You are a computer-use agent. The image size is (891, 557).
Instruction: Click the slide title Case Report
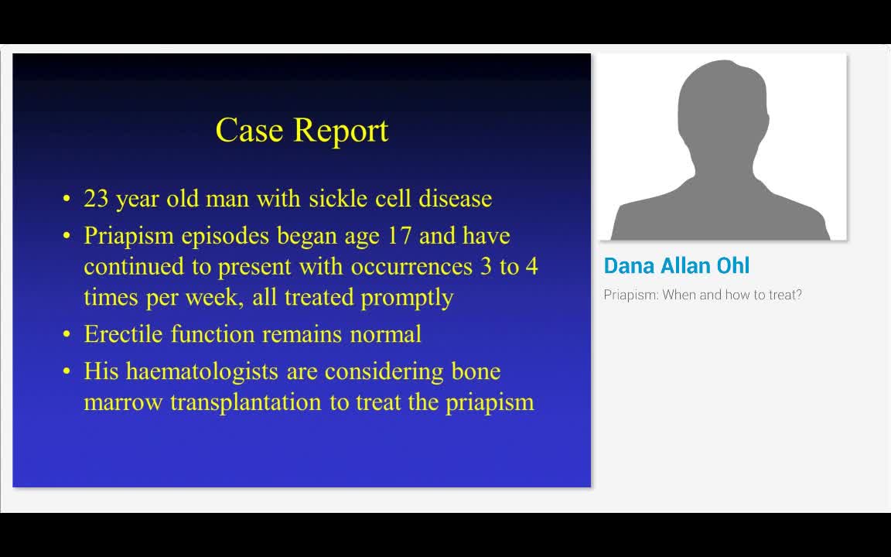(x=302, y=130)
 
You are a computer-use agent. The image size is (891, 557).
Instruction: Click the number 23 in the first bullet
(x=96, y=199)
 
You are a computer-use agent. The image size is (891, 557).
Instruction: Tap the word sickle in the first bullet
(x=330, y=199)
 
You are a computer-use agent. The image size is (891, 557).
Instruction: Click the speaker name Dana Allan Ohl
(x=676, y=266)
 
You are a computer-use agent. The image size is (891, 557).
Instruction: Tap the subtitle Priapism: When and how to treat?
(x=702, y=295)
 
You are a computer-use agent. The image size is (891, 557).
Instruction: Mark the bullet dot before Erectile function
(x=67, y=335)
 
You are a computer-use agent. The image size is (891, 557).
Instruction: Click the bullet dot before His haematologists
(x=67, y=372)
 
